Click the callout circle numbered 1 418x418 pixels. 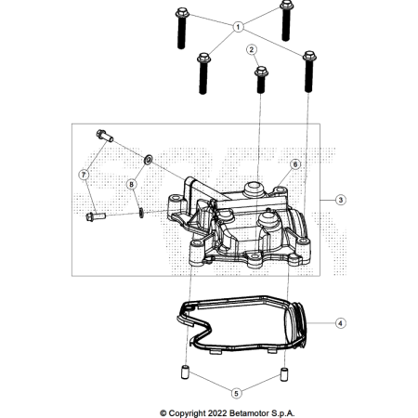238,27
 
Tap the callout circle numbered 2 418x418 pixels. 252,49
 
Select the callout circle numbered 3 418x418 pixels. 341,200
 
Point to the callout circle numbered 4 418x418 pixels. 341,323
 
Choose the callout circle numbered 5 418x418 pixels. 236,393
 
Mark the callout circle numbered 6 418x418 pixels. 295,164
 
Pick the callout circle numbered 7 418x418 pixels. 84,175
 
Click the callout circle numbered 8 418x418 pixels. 132,185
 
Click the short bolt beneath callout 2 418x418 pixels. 261,80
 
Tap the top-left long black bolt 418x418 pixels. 182,28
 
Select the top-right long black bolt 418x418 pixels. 286,20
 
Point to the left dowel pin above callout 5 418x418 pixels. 185,372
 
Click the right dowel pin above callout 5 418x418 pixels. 284,374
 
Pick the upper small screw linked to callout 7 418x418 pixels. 105,136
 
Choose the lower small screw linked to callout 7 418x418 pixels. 96,216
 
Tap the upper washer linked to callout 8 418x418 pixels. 149,160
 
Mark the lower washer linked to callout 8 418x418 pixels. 141,213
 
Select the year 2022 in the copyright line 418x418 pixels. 217,413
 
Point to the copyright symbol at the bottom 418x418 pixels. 163,413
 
